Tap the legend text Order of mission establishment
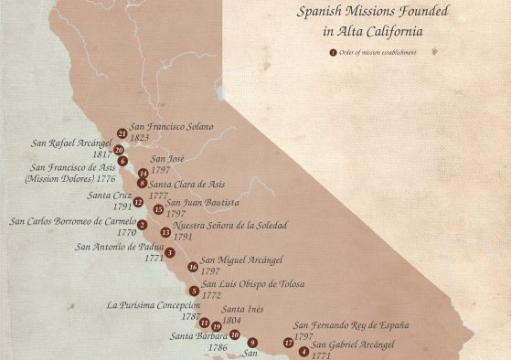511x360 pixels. (378, 52)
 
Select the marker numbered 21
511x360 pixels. (122, 133)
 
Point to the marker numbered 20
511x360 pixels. (119, 150)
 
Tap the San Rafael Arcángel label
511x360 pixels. (71, 143)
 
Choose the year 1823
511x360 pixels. (140, 138)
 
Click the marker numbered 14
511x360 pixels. (143, 173)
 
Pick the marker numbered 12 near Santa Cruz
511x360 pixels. (138, 202)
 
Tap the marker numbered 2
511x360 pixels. (142, 225)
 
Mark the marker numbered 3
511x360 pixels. (170, 252)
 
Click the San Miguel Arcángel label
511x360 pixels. (241, 260)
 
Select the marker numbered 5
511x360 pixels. (195, 291)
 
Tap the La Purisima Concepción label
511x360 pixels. (154, 305)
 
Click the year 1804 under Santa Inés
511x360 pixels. (232, 321)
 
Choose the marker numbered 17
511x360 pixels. (289, 343)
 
